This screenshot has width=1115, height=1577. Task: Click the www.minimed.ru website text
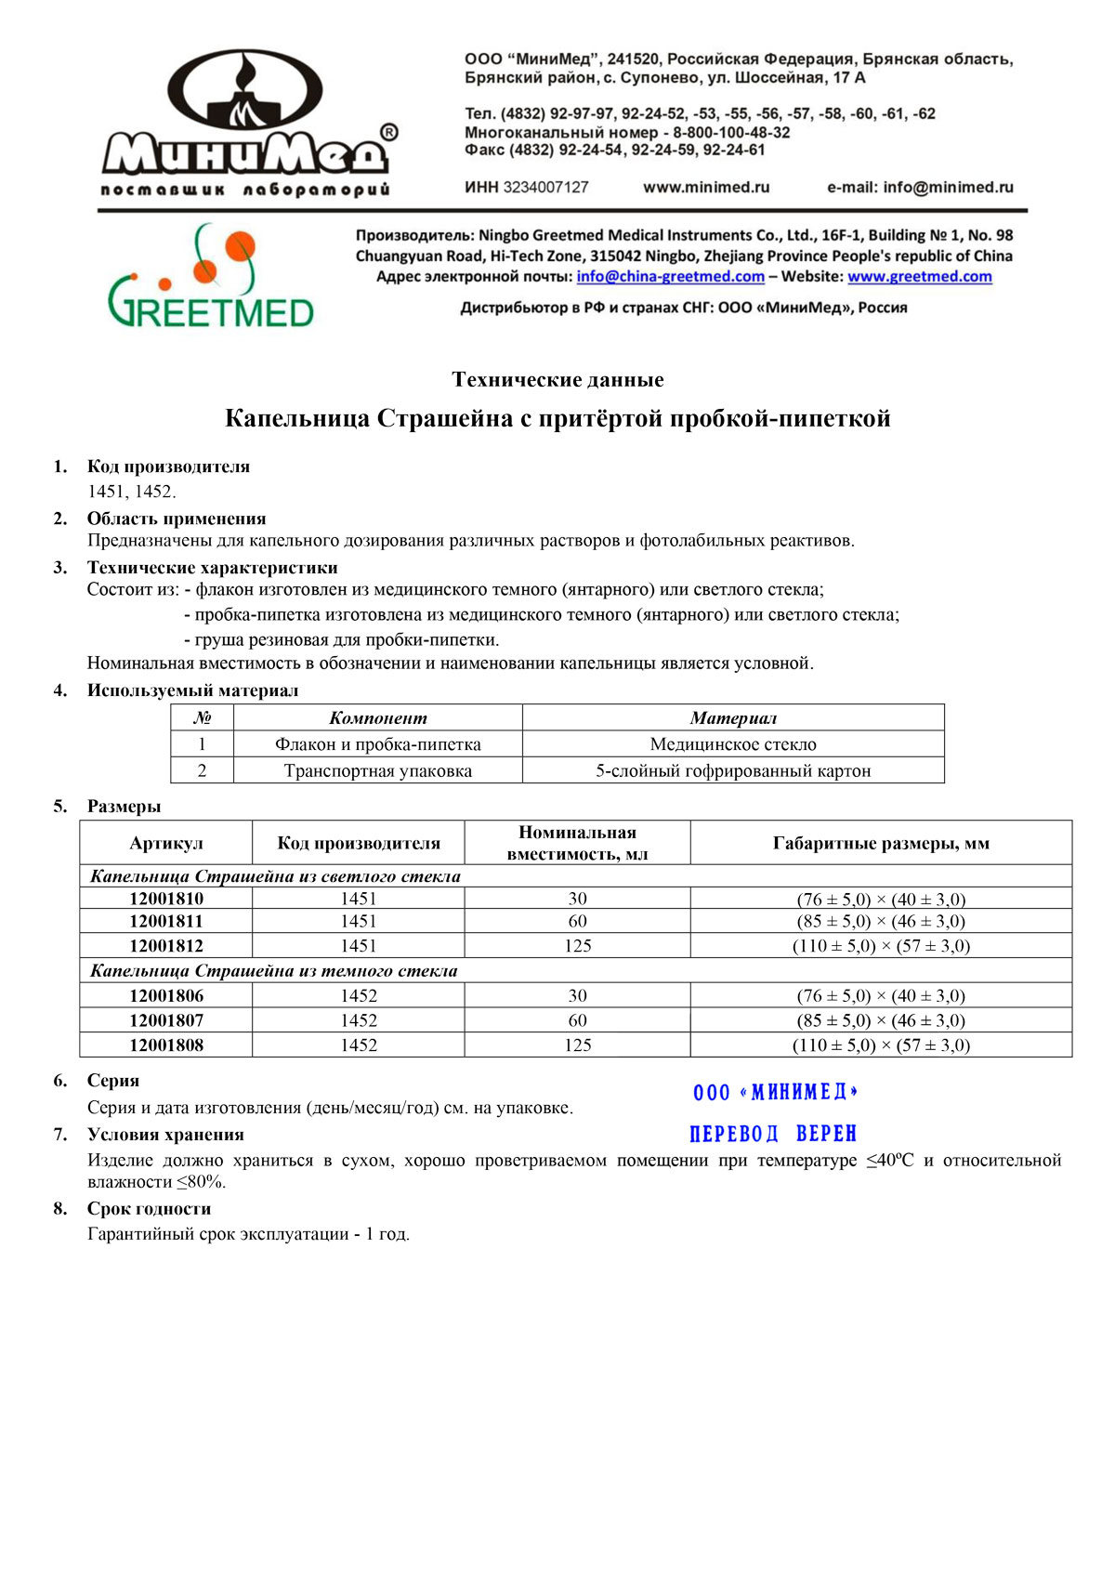[x=706, y=187]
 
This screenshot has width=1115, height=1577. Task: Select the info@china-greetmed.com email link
[x=670, y=276]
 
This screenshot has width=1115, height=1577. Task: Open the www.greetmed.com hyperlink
[x=919, y=276]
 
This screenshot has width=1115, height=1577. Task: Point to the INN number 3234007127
[x=545, y=187]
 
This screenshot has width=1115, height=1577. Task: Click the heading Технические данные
[x=557, y=379]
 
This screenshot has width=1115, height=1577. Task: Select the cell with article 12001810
[x=166, y=899]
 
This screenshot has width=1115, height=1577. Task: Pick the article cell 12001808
[x=166, y=1045]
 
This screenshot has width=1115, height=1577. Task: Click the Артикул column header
[x=166, y=843]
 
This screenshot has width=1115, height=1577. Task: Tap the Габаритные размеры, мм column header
[x=881, y=843]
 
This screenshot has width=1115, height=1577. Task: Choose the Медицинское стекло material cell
[x=733, y=744]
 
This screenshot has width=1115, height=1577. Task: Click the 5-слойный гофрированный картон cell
[x=733, y=770]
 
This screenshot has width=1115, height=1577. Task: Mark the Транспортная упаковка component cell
[x=377, y=770]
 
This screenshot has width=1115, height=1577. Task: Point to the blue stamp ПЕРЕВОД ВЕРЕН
[x=773, y=1134]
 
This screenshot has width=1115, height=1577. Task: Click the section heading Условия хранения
[x=165, y=1134]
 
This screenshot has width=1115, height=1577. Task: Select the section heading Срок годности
[x=149, y=1208]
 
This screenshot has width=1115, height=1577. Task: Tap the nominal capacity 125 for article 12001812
[x=577, y=946]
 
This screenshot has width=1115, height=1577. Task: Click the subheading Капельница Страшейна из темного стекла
[x=274, y=970]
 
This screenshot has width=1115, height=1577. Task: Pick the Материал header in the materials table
[x=733, y=717]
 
